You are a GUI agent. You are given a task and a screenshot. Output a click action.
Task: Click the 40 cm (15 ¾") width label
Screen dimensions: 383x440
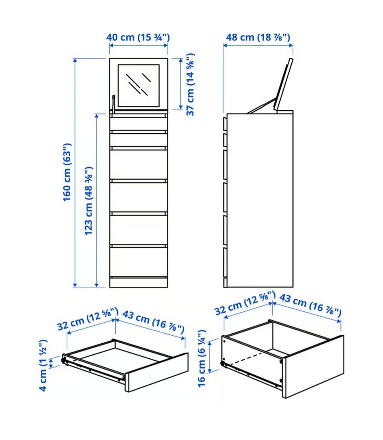[138, 37]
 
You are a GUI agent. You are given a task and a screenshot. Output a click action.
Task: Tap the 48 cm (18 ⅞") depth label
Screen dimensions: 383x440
[258, 37]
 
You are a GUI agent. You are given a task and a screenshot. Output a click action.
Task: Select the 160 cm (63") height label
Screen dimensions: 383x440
[67, 172]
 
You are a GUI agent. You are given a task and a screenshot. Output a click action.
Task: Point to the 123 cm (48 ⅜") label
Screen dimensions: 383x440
[89, 201]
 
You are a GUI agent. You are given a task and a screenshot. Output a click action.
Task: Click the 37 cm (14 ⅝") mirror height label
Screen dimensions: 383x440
[190, 84]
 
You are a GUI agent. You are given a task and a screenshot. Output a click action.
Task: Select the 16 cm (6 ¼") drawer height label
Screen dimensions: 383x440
[202, 358]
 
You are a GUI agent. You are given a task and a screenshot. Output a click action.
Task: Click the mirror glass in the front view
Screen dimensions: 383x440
[138, 86]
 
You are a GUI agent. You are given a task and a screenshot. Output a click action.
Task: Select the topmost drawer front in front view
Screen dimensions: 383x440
[138, 124]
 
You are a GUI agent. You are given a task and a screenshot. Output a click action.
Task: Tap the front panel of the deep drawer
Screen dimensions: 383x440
[313, 367]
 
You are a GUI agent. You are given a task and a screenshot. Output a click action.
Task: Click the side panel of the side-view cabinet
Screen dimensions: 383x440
[260, 200]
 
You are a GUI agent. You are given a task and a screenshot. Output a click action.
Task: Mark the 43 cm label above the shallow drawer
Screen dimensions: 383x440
[153, 322]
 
